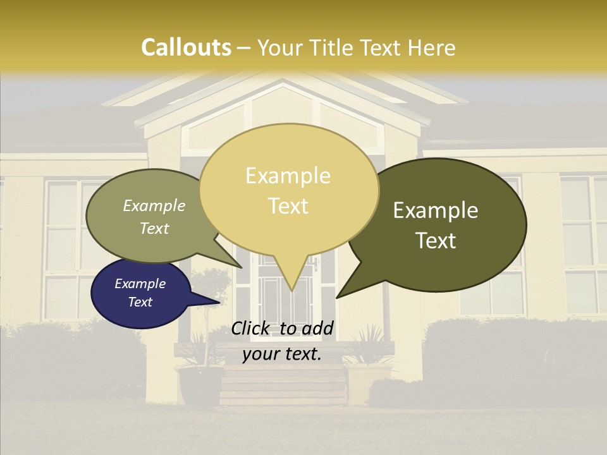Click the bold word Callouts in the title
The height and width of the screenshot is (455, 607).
(x=186, y=47)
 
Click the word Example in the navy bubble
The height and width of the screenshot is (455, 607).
(x=140, y=284)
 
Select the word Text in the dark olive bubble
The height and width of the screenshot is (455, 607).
(x=436, y=240)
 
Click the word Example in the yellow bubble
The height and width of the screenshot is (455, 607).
(x=288, y=176)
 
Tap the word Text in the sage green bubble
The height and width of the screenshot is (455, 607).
(x=154, y=228)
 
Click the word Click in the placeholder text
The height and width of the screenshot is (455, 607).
(x=252, y=328)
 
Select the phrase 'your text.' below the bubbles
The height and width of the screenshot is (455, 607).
(x=282, y=354)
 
